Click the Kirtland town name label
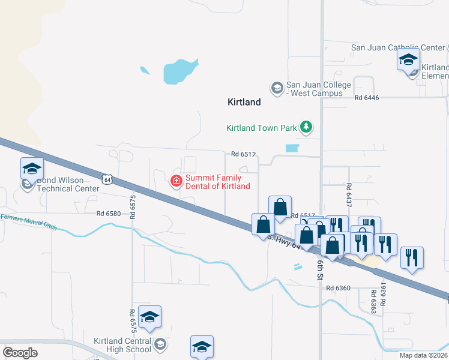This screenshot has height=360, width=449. pyautogui.click(x=244, y=102)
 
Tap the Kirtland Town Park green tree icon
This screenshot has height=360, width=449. pyautogui.click(x=307, y=127)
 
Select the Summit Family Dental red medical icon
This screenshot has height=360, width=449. pyautogui.click(x=176, y=181)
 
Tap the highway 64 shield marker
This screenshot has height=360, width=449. pyautogui.click(x=107, y=179)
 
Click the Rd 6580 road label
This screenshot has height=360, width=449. pyautogui.click(x=109, y=213)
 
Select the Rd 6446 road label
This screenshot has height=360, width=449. pyautogui.click(x=367, y=97)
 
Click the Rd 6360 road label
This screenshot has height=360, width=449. pyautogui.click(x=339, y=288)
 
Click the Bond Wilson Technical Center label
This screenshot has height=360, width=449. pyautogui.click(x=67, y=184)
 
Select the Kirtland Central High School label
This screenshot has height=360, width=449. pyautogui.click(x=122, y=345)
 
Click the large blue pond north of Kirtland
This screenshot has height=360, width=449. pyautogui.click(x=180, y=71)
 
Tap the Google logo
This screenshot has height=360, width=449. pyautogui.click(x=20, y=352)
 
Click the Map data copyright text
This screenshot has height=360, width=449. pyautogui.click(x=423, y=355)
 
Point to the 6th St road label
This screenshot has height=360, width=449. pyautogui.click(x=320, y=268)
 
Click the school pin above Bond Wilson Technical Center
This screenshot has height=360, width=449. pyautogui.click(x=32, y=169)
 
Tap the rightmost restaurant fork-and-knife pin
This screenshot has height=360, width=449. pyautogui.click(x=411, y=257)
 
